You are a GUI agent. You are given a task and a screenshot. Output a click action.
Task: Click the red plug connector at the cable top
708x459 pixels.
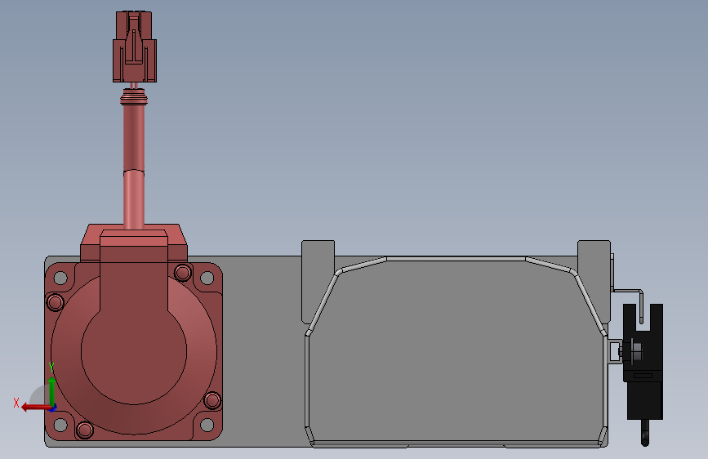click(x=133, y=48)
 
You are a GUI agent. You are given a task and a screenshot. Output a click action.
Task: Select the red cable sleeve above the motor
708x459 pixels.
click(x=133, y=163)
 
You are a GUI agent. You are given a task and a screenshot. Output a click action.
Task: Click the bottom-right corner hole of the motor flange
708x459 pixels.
click(x=207, y=425)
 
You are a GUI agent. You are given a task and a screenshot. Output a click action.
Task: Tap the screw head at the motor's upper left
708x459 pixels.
click(x=55, y=303)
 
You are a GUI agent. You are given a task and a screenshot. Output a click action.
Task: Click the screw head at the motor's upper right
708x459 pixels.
click(x=182, y=272)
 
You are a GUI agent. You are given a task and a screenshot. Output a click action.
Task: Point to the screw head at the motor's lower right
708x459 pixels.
click(x=212, y=400)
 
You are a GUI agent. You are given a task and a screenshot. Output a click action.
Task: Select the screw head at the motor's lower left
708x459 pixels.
click(x=84, y=430)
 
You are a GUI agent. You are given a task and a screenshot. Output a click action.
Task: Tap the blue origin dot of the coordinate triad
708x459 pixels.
click(x=51, y=406)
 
